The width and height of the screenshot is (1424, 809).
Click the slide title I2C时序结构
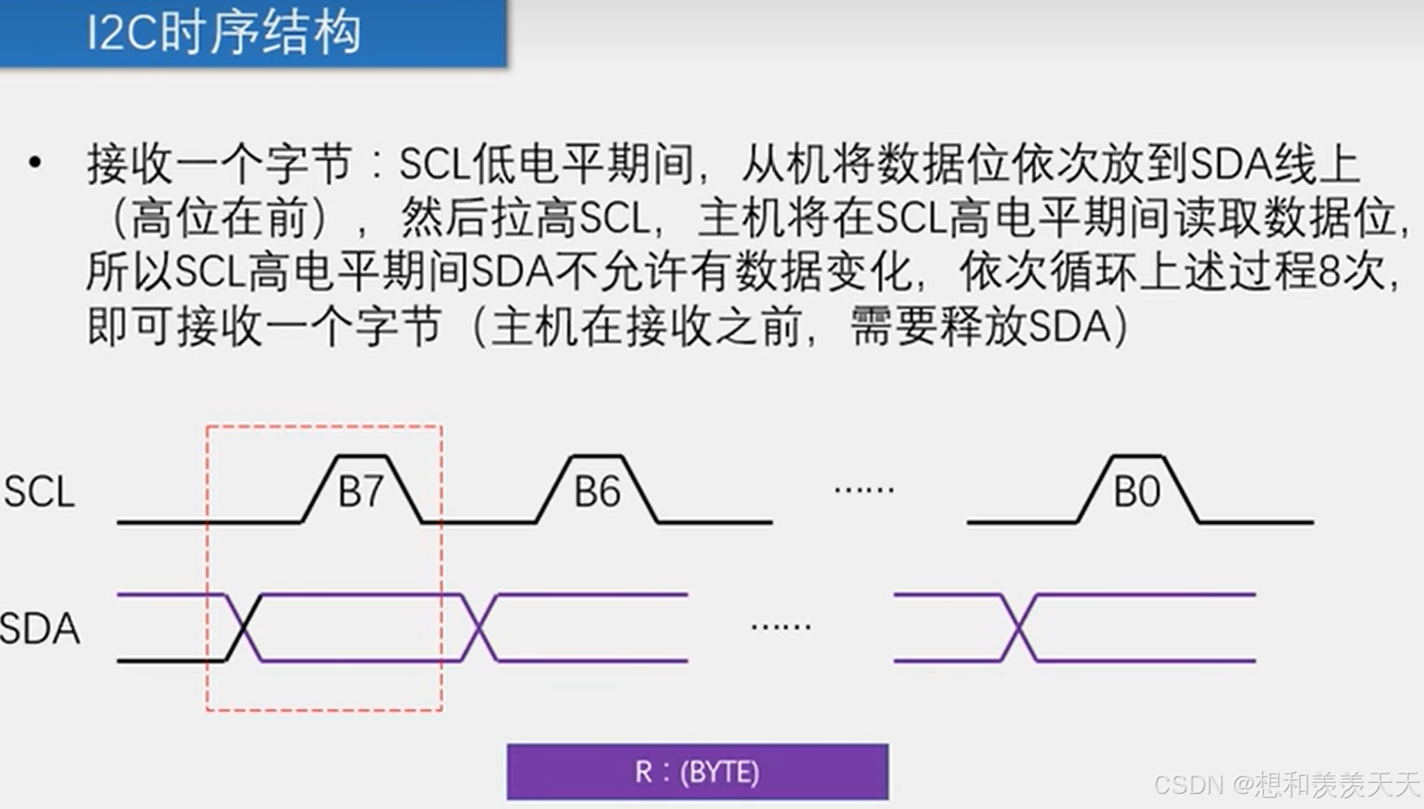[223, 33]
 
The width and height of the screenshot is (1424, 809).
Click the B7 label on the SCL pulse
[361, 492]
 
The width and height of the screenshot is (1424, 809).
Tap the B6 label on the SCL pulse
[597, 492]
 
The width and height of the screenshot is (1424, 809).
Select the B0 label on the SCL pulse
[1136, 492]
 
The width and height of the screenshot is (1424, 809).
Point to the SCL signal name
[39, 492]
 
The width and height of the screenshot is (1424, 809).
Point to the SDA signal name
[40, 629]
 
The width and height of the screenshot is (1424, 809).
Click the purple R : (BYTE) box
[697, 772]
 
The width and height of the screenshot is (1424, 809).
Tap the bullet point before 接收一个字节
[35, 162]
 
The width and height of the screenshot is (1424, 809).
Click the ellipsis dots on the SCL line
[864, 489]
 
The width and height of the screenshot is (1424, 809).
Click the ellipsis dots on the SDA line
[781, 626]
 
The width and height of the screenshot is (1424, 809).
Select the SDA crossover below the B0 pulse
[1019, 628]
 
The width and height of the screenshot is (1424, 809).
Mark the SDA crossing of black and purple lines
[244, 628]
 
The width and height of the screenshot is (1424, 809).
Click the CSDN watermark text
[1286, 784]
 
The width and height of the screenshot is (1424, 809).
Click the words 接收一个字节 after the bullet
[219, 164]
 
